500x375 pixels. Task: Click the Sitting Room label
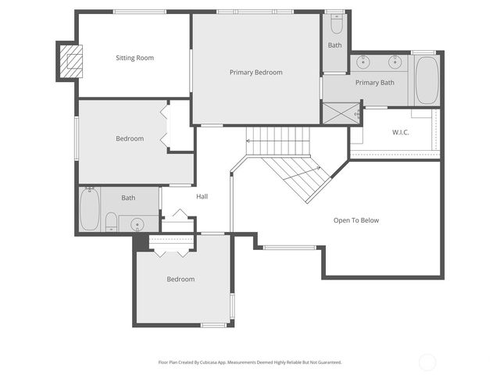(135, 58)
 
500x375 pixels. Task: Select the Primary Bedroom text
(255, 72)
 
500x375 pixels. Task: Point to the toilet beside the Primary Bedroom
(335, 24)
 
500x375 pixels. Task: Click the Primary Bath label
(374, 83)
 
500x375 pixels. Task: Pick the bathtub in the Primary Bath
(427, 79)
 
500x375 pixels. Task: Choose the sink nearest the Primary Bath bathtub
(395, 61)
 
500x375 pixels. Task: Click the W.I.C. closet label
(400, 132)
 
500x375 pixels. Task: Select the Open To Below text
(355, 220)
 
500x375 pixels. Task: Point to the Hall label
(202, 197)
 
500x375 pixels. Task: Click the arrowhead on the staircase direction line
(248, 141)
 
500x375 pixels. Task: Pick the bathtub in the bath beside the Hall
(89, 210)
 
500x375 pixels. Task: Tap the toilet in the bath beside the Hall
(111, 222)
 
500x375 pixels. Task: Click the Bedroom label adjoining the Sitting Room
(130, 139)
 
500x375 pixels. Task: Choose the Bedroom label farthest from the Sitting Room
(180, 279)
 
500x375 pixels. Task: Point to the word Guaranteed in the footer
(329, 362)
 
